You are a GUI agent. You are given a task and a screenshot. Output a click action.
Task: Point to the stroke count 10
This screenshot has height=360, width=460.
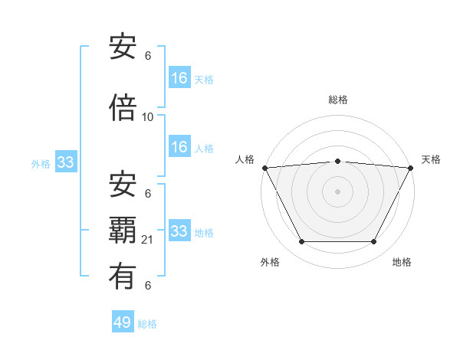point(148,117)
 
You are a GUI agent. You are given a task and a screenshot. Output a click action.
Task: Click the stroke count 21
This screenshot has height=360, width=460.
point(148,241)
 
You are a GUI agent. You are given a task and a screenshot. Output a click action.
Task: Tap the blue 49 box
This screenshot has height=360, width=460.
point(123,322)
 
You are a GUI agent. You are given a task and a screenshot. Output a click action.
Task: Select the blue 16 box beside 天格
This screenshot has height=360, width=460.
point(179,77)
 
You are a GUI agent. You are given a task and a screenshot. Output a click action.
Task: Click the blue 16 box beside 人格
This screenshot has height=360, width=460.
point(179,147)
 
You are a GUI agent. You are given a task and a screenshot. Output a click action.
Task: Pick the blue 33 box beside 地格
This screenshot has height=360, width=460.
point(179,231)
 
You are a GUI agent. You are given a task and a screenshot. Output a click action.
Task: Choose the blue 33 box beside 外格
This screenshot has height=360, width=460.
point(65,162)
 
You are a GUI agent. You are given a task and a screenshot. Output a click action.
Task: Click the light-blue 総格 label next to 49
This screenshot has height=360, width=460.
point(147,324)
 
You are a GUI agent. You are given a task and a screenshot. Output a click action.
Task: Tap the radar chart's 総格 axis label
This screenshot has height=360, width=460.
point(337,100)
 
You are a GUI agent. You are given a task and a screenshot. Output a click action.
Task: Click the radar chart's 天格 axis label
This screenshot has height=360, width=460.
point(431,159)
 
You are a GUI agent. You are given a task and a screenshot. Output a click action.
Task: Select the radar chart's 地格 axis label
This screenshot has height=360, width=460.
point(402,262)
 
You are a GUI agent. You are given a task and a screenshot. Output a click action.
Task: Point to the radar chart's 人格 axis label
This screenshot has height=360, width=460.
point(245,159)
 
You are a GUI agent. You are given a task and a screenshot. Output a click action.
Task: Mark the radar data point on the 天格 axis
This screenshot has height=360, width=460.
point(410,168)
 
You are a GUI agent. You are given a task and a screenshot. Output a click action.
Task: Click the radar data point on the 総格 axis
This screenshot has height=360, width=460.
point(337,161)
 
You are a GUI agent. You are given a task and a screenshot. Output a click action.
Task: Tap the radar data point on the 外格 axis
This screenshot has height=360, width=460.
point(301,242)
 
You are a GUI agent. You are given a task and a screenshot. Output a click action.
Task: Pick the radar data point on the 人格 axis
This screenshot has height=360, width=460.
point(264,168)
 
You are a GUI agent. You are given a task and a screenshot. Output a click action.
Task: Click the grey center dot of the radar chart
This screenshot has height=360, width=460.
point(337,191)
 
